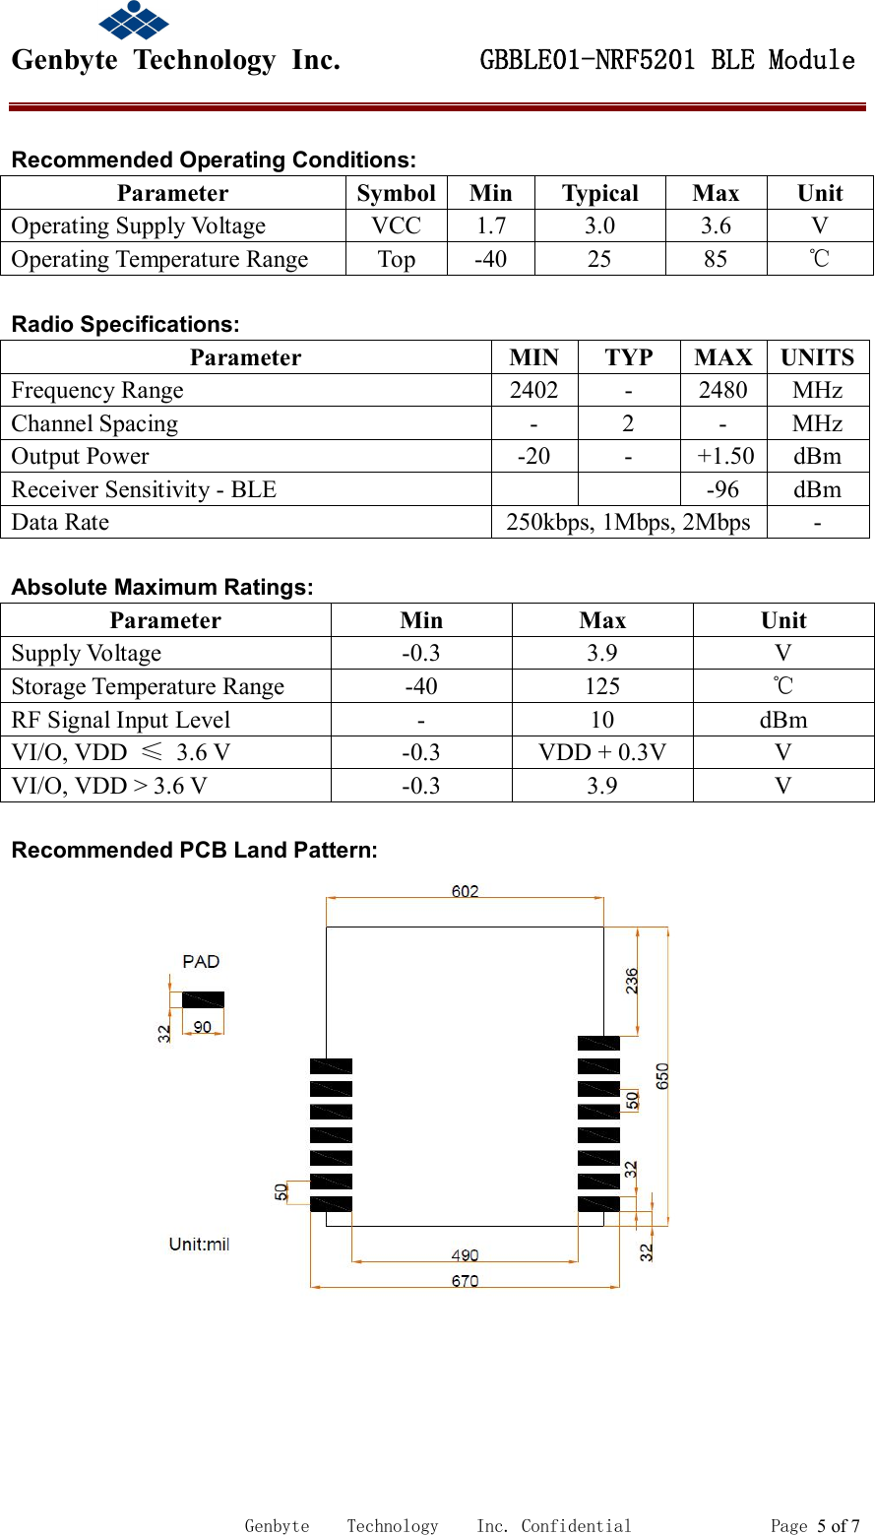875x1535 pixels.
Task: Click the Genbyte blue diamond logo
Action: pyautogui.click(x=134, y=20)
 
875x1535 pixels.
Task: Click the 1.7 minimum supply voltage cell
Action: pyautogui.click(x=490, y=226)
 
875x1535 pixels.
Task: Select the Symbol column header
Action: pyautogui.click(x=396, y=193)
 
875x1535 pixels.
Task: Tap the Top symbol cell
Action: pyautogui.click(x=396, y=260)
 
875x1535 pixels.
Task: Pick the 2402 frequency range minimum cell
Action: pyautogui.click(x=533, y=391)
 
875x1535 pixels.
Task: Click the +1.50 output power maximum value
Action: pyautogui.click(x=724, y=457)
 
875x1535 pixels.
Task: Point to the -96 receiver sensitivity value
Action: pyautogui.click(x=722, y=490)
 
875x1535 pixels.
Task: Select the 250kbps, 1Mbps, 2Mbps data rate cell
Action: pyautogui.click(x=628, y=523)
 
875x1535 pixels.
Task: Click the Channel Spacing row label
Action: pyautogui.click(x=94, y=424)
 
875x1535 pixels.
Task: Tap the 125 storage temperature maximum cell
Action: pyautogui.click(x=601, y=687)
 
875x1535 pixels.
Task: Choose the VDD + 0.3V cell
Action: pyautogui.click(x=601, y=753)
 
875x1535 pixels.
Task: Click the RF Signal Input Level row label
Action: pyautogui.click(x=120, y=721)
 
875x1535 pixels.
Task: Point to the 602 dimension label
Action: pyautogui.click(x=465, y=891)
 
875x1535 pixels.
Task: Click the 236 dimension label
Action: pyautogui.click(x=632, y=981)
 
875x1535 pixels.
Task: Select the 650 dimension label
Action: pyautogui.click(x=662, y=1075)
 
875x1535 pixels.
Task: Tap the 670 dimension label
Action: pyautogui.click(x=465, y=1281)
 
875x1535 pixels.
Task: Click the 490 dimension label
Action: pyautogui.click(x=465, y=1255)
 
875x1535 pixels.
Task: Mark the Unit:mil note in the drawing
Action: pyautogui.click(x=199, y=1245)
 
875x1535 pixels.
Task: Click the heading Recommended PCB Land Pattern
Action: pyautogui.click(x=194, y=851)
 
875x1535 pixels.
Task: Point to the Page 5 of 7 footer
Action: pyautogui.click(x=814, y=1526)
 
